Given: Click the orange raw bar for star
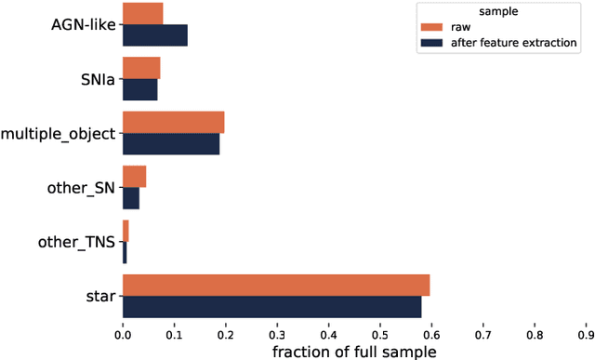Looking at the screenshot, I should [276, 286].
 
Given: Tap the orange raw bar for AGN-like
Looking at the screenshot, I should [143, 13].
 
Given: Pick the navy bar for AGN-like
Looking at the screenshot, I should [155, 35].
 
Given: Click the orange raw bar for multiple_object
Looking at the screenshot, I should [174, 122].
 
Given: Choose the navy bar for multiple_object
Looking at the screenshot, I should [171, 143].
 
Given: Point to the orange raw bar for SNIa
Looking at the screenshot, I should [141, 68].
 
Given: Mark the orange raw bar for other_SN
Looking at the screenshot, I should [135, 177].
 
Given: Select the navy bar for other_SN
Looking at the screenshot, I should [131, 198].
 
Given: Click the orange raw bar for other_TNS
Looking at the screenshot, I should [126, 231].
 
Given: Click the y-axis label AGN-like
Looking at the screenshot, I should [84, 24].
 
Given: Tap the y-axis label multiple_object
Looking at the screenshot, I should [58, 133].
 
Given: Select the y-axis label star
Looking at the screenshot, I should [99, 297].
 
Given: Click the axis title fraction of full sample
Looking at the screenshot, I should [354, 351].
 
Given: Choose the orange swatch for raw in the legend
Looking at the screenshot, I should [431, 28].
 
